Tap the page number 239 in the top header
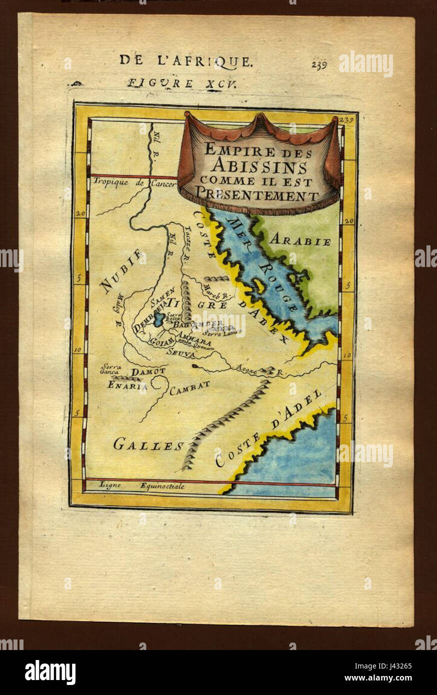319,64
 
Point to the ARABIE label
300,241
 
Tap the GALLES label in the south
148,444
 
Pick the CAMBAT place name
189,388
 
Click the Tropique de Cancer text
134,183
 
